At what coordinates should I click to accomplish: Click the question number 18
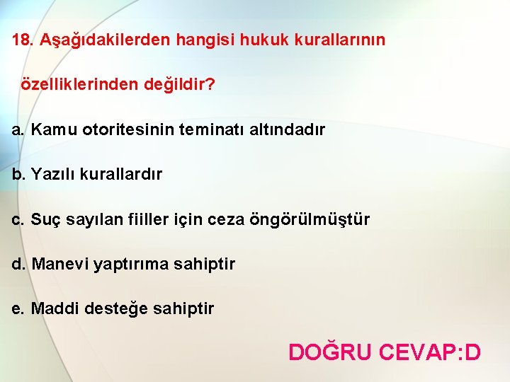pos(21,40)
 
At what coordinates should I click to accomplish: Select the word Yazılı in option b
pos(52,174)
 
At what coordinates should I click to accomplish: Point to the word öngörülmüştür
pos(309,219)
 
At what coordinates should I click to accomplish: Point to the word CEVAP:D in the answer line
pos(430,352)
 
